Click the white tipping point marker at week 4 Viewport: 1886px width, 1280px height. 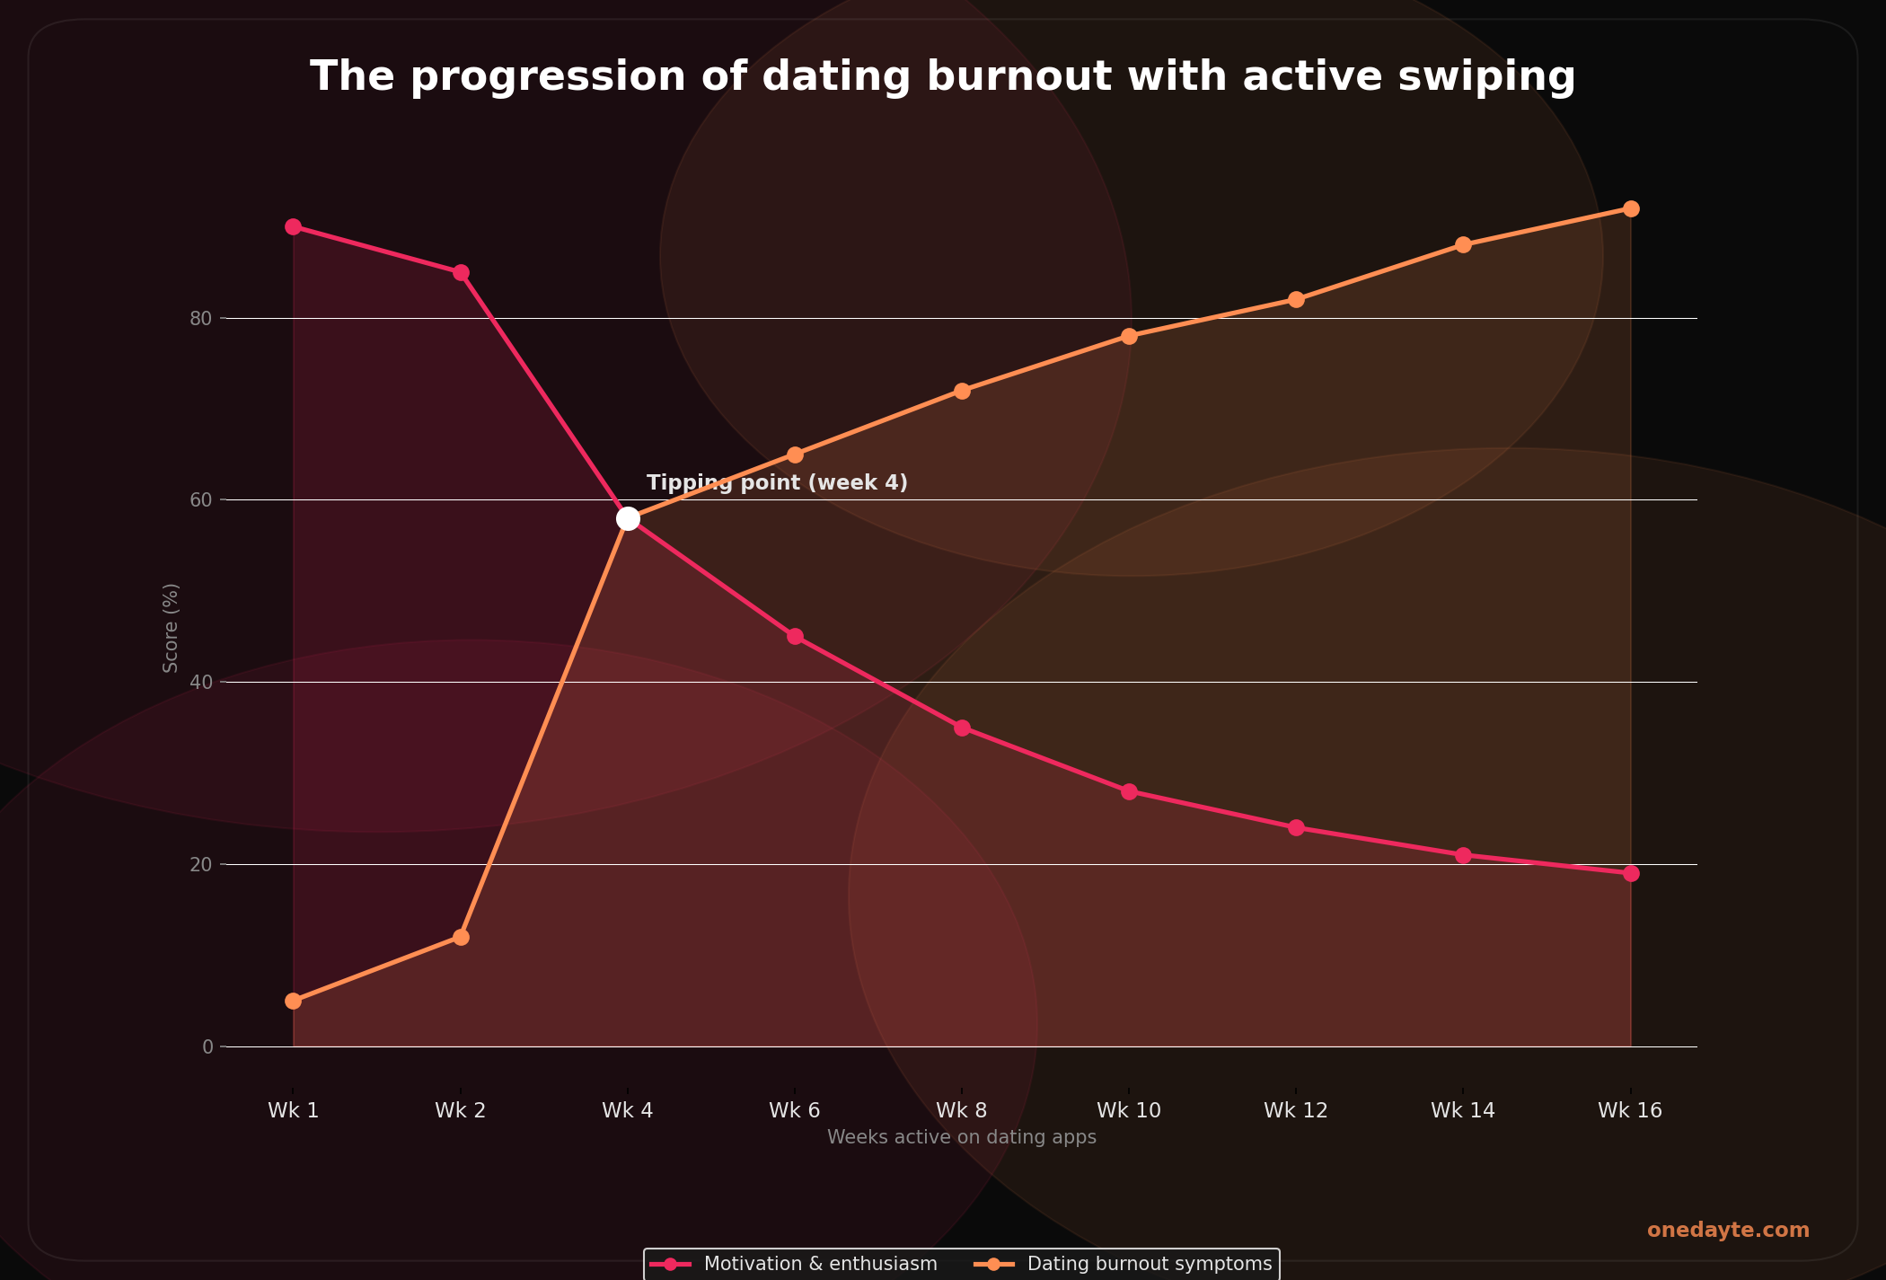(628, 518)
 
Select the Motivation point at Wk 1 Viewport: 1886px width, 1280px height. (293, 226)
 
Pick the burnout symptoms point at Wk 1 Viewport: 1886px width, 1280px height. (293, 1001)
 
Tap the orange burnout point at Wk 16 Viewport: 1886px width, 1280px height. (1631, 208)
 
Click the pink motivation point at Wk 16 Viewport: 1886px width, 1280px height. (1631, 873)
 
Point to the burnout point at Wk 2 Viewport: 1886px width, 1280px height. (461, 937)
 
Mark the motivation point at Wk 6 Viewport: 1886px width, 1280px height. (795, 636)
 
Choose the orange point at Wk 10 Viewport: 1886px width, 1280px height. (1129, 336)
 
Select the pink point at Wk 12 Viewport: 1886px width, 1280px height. (1296, 827)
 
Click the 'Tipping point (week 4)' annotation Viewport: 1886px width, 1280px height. (777, 482)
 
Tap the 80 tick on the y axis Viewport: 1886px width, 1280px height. (201, 318)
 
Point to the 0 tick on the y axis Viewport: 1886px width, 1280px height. (207, 1046)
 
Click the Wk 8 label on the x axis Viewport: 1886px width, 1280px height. (961, 1110)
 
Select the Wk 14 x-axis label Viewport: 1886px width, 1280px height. (1462, 1110)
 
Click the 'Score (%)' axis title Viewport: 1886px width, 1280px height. (171, 627)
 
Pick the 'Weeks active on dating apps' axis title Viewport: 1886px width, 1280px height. (961, 1137)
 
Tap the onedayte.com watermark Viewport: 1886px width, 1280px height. (1727, 1231)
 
